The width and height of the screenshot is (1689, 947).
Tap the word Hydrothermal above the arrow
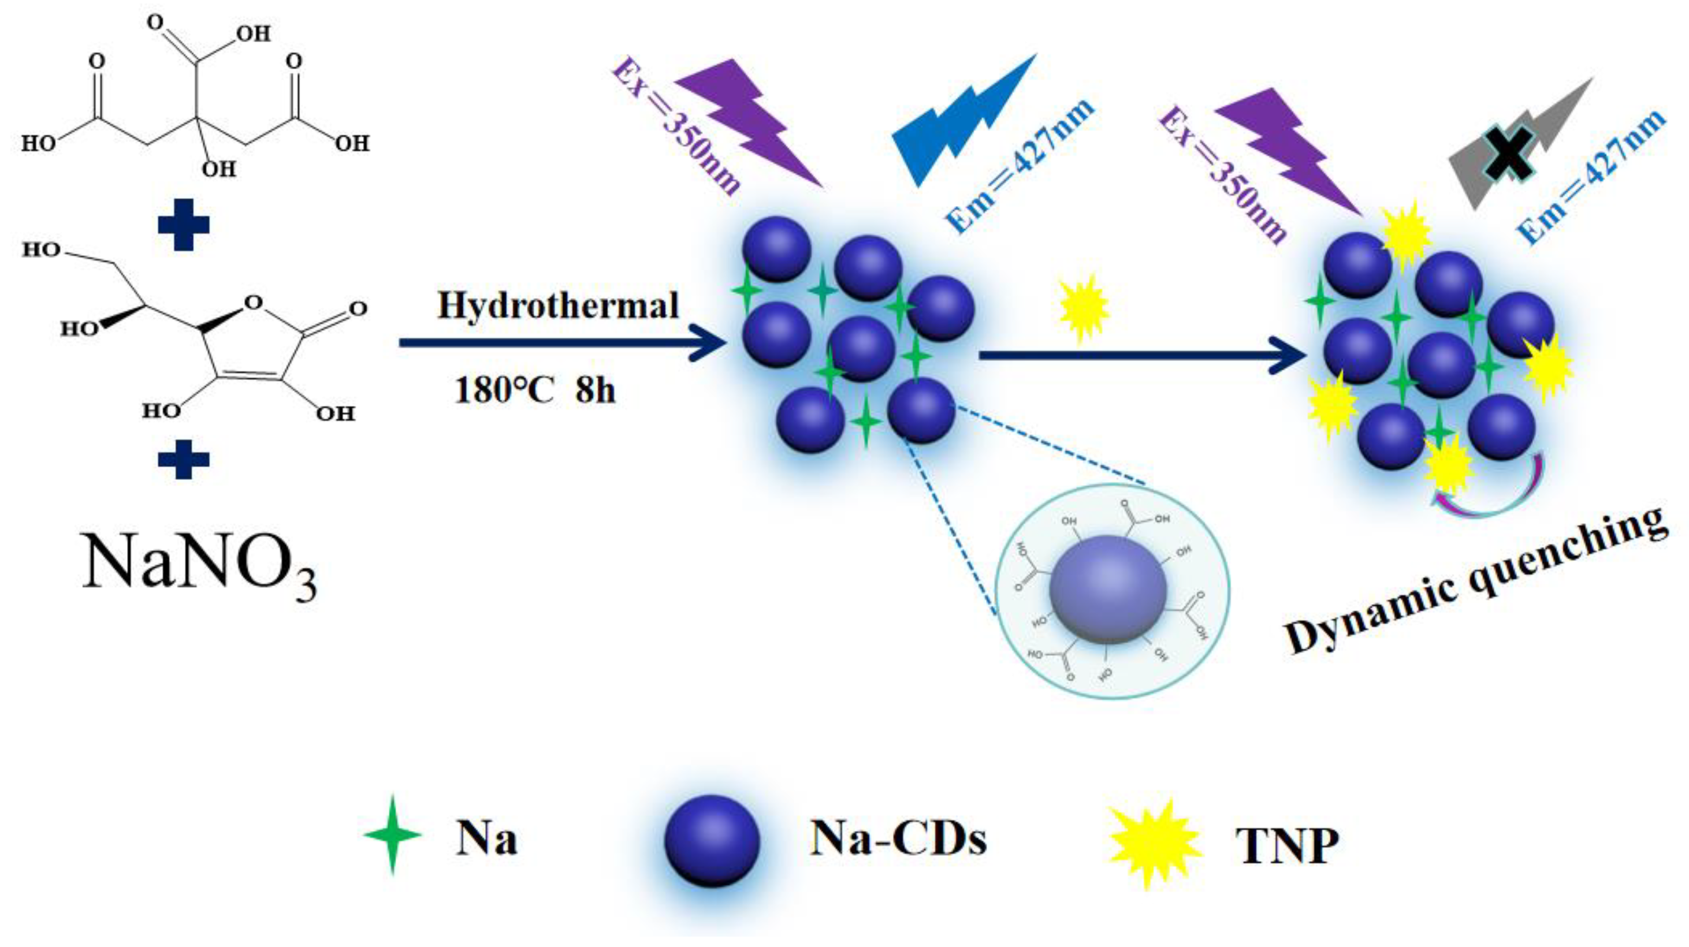558,306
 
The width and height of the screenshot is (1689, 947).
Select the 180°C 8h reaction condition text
534,390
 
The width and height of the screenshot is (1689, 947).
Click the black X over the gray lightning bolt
1509,152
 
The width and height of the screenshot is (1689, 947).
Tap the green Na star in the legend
392,835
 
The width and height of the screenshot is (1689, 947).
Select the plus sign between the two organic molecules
184,224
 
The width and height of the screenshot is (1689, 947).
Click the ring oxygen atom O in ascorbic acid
253,302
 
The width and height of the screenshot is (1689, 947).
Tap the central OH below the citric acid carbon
218,169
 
